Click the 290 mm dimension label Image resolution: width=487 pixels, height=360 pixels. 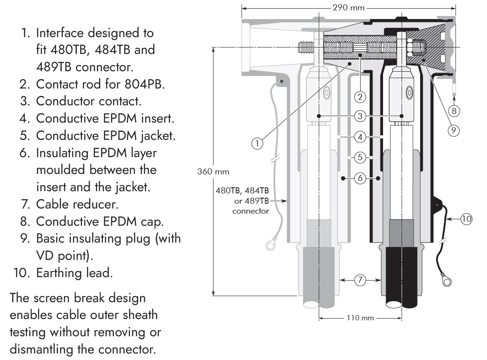click(x=349, y=7)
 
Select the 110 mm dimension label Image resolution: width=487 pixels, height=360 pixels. click(x=360, y=318)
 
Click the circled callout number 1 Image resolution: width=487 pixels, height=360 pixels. click(x=257, y=143)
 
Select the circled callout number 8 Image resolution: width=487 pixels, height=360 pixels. click(x=454, y=111)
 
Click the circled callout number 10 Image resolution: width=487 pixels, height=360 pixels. click(x=466, y=219)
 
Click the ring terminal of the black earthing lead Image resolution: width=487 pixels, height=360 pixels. click(x=446, y=282)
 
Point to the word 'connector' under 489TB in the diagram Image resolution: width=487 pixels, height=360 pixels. click(x=251, y=211)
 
